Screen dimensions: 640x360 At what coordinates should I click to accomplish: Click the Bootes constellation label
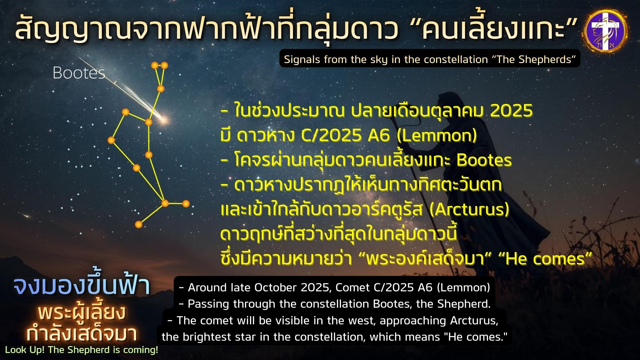point(79,73)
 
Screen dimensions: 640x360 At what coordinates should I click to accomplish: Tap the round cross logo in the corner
point(605,30)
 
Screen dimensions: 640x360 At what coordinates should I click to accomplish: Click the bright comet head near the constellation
point(164,119)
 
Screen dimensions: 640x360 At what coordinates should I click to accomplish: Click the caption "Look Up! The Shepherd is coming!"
point(82,350)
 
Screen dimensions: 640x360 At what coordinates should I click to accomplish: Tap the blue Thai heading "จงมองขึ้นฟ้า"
point(82,286)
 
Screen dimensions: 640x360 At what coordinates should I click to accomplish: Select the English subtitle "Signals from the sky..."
point(430,59)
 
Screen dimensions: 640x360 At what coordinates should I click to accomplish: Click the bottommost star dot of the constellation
point(138,225)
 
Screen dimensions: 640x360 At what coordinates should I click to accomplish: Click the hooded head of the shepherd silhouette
point(447,102)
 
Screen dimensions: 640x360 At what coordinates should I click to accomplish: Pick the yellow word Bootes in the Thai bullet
point(484,160)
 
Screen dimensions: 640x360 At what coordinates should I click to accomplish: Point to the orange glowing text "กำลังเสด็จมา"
point(82,333)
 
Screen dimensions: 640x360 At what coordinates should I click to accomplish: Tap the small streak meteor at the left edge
point(24,215)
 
